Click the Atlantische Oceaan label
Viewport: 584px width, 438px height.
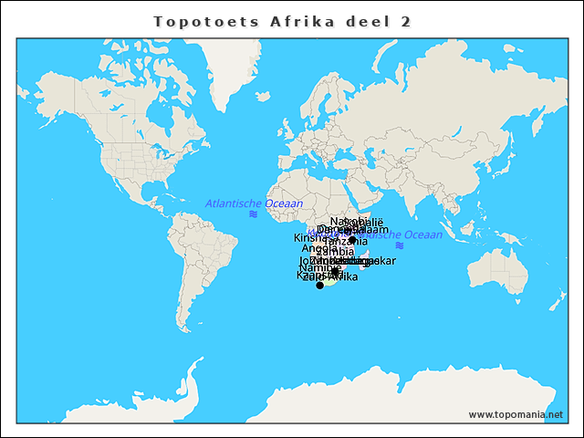[254, 203]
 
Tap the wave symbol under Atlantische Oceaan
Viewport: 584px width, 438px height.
[253, 214]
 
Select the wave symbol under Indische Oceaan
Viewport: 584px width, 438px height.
[399, 245]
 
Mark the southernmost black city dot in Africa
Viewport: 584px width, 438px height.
[319, 286]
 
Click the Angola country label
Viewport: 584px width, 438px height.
[319, 248]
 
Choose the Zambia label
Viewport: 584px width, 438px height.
[335, 252]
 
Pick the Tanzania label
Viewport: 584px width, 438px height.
[348, 241]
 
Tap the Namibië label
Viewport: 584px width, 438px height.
[320, 267]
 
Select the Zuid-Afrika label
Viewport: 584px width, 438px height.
[331, 276]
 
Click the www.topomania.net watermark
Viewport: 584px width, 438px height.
[516, 414]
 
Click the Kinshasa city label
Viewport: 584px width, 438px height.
[308, 237]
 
